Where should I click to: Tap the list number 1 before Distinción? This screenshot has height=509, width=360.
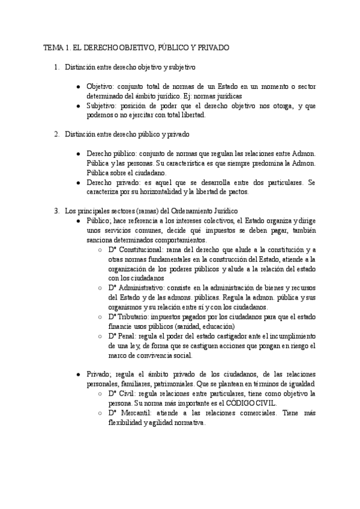point(56,68)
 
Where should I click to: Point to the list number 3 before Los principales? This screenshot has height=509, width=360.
point(56,211)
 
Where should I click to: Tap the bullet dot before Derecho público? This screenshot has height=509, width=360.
point(79,154)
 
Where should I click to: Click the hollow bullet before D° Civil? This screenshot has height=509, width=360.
point(100,393)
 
